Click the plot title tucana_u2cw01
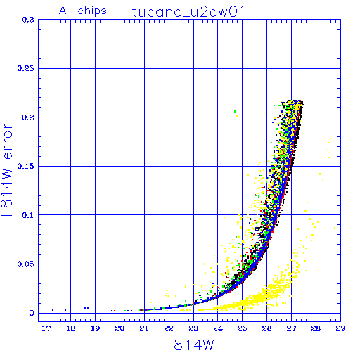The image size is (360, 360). (188, 12)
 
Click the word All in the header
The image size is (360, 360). (65, 10)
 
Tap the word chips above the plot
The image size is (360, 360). (92, 11)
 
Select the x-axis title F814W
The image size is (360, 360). (190, 345)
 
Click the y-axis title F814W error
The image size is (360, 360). (6, 170)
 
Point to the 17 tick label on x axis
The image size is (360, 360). (46, 328)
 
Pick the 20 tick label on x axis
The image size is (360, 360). (120, 328)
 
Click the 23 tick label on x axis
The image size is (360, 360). (193, 328)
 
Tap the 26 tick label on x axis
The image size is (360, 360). (266, 328)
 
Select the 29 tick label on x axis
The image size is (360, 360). (340, 328)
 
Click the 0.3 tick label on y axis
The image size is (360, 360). (28, 20)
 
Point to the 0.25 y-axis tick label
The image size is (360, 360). (25, 68)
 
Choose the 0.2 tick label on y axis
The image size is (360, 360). (28, 117)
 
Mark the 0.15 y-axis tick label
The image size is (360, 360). (25, 166)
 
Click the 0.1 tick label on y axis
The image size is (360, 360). (28, 215)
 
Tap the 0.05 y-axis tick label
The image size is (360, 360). (25, 264)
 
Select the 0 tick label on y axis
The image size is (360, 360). (32, 313)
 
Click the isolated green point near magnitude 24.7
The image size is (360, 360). (235, 111)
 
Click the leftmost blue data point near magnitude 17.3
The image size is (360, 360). (53, 310)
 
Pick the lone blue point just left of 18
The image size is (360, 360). (65, 310)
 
